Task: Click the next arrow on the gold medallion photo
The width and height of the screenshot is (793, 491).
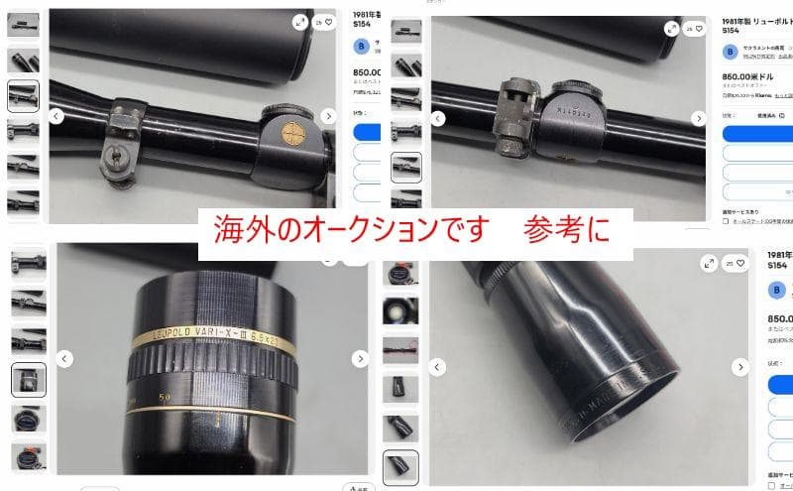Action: point(328,117)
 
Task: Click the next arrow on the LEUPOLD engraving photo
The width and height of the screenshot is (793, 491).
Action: point(358,358)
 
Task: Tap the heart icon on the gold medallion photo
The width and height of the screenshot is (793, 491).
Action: point(329,21)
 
